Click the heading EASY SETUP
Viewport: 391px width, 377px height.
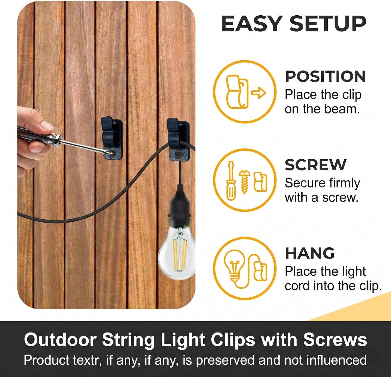(294, 24)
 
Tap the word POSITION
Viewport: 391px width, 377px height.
(325, 76)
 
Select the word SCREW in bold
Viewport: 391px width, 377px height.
(315, 165)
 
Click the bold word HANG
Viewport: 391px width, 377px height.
(310, 253)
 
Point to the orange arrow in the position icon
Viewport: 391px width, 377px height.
(259, 93)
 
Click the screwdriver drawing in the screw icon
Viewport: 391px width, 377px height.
(231, 180)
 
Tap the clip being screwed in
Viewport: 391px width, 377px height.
(112, 138)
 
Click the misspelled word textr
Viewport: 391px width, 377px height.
(87, 360)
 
